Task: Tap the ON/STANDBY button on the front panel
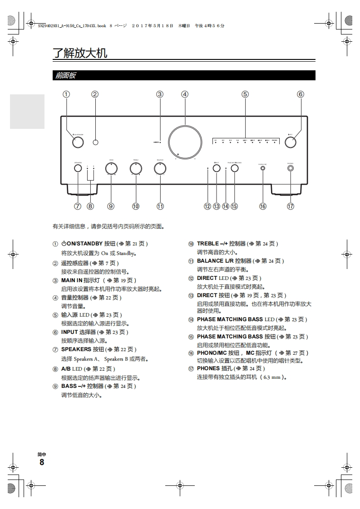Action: [x=78, y=142]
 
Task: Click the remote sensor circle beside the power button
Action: [x=95, y=142]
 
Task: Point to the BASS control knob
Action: [x=111, y=168]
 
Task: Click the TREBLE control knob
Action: [x=135, y=168]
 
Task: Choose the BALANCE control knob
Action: [x=160, y=168]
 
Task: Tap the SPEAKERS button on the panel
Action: [x=78, y=168]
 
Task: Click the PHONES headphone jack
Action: [x=291, y=168]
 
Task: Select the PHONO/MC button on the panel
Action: [x=263, y=168]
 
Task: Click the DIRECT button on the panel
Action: [x=217, y=168]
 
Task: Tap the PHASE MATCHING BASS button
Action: [x=234, y=168]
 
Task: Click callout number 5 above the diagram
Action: [x=245, y=94]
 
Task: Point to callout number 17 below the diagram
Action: [x=291, y=206]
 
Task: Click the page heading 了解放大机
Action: [x=80, y=53]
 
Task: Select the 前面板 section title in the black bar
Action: [x=65, y=76]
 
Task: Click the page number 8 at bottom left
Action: [x=42, y=462]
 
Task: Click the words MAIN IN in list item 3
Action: [x=72, y=280]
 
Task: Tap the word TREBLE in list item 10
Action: [x=208, y=244]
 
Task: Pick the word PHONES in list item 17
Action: [x=208, y=368]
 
